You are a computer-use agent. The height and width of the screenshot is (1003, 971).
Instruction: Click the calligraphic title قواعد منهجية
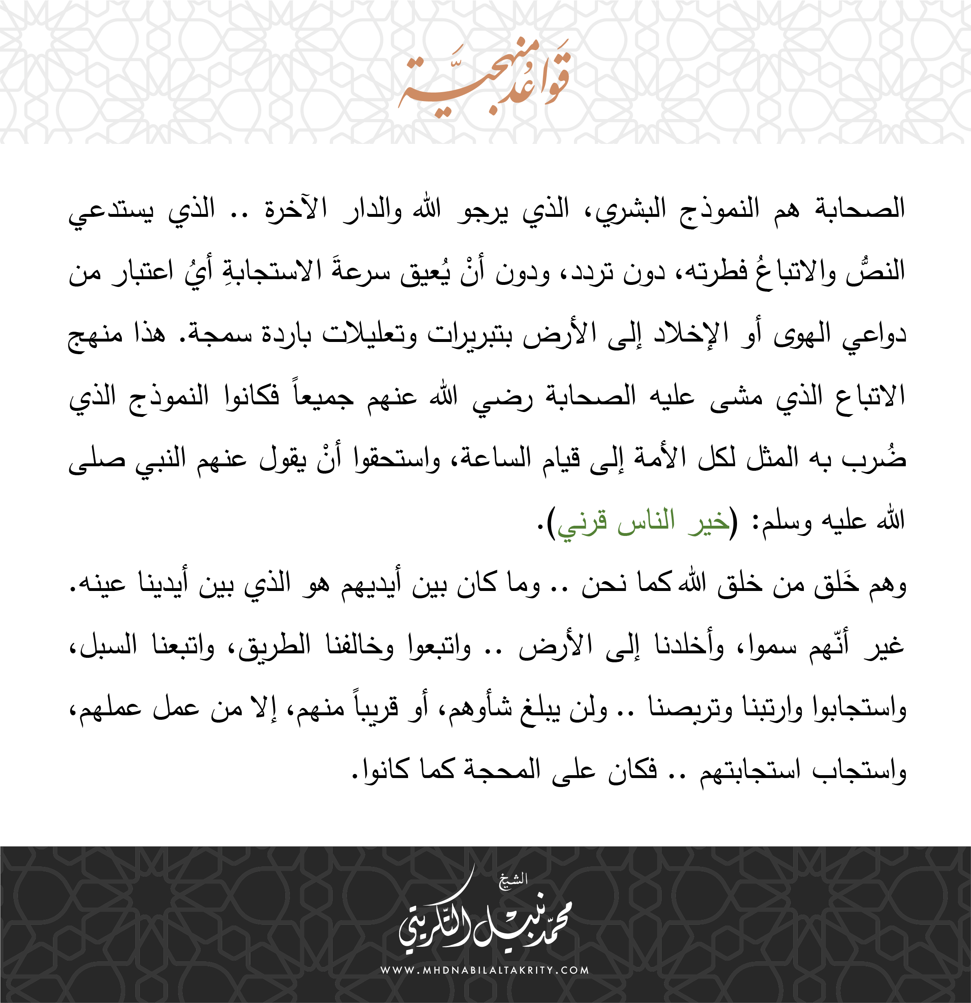pos(484,82)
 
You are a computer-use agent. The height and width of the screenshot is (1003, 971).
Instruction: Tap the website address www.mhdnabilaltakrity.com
pos(485,969)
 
